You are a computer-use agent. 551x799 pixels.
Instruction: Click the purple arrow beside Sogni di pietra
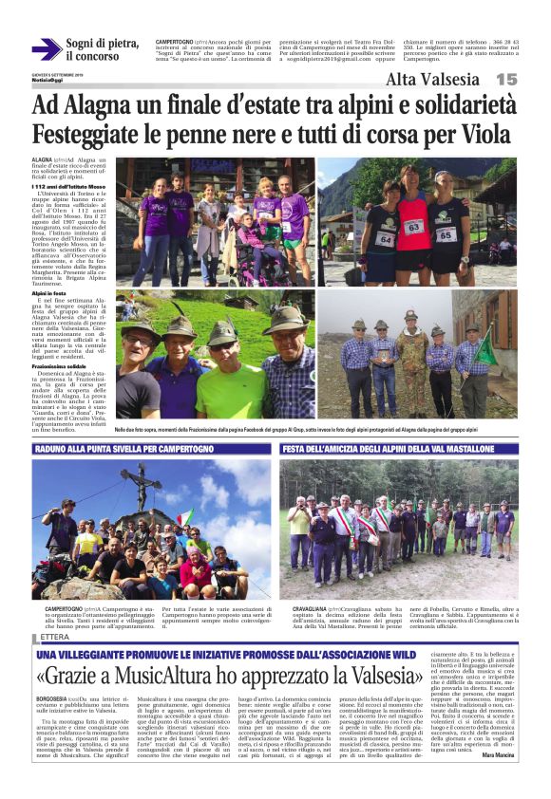pyautogui.click(x=46, y=49)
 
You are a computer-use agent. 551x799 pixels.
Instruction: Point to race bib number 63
pyautogui.click(x=413, y=228)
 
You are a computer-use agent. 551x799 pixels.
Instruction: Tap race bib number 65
pyautogui.click(x=446, y=233)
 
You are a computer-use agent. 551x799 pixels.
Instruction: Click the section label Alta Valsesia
pyautogui.click(x=433, y=80)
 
